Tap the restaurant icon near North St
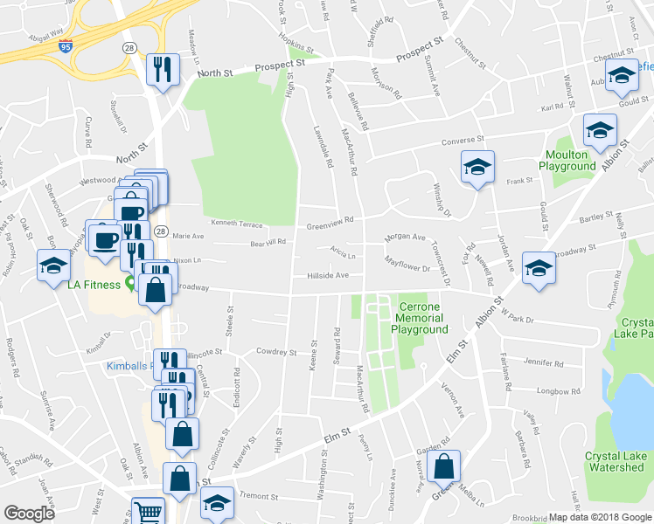click(x=163, y=69)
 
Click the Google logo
click(x=29, y=514)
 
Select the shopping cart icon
click(x=148, y=511)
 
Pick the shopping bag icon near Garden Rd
click(x=445, y=467)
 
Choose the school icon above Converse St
click(x=600, y=130)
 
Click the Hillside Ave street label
click(x=328, y=275)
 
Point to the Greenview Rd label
click(x=329, y=224)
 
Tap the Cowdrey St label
click(x=276, y=352)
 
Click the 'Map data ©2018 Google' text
click(x=599, y=517)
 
